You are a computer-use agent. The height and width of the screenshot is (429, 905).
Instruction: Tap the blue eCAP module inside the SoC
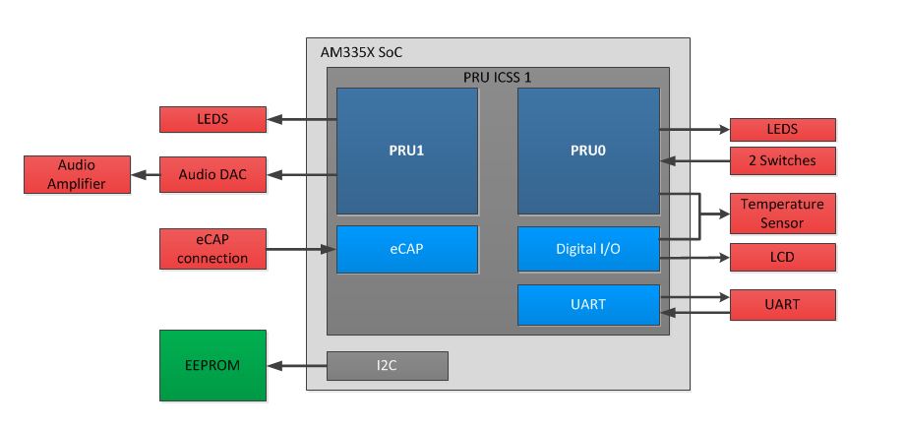[407, 249]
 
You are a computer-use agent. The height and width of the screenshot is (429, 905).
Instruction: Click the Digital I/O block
[588, 249]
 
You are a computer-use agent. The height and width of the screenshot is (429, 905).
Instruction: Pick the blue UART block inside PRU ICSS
[588, 305]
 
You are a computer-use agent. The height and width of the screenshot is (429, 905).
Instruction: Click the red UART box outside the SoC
[782, 305]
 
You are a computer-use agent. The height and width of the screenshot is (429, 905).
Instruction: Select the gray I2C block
[388, 366]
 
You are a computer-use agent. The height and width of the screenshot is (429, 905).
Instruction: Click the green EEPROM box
[212, 365]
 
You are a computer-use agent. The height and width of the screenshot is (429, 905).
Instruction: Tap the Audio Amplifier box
[77, 174]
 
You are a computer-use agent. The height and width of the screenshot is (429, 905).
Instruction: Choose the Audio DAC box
[212, 174]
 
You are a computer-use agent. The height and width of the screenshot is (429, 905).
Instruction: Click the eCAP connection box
[212, 249]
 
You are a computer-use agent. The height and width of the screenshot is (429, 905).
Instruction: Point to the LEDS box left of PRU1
[212, 119]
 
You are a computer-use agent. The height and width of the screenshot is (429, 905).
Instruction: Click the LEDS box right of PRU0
[782, 129]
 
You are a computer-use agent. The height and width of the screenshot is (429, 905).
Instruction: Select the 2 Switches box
[782, 159]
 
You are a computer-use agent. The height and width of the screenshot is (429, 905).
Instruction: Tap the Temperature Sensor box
[782, 213]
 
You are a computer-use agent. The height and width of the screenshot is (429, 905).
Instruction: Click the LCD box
[782, 258]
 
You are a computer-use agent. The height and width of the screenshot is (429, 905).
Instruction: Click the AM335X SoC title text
[361, 52]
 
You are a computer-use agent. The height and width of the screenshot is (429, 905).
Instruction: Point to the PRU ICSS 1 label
[498, 76]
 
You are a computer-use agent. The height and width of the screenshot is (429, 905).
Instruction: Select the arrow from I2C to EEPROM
[296, 366]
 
